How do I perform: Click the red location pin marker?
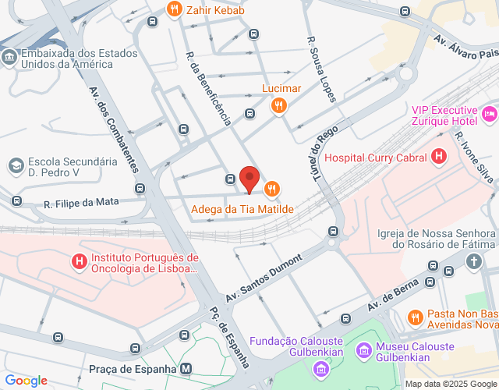[x=249, y=179]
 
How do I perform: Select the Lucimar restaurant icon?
[x=278, y=106]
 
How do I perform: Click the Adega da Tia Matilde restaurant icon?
[x=271, y=188]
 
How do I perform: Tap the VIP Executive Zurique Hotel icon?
[x=490, y=115]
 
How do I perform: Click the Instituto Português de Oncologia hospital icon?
[x=79, y=263]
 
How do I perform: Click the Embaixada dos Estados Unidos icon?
[x=9, y=57]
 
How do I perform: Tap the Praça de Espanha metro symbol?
[x=186, y=368]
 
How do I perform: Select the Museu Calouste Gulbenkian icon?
[x=363, y=352]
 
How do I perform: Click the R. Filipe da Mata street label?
[x=80, y=202]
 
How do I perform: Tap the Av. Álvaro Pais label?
[x=465, y=49]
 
